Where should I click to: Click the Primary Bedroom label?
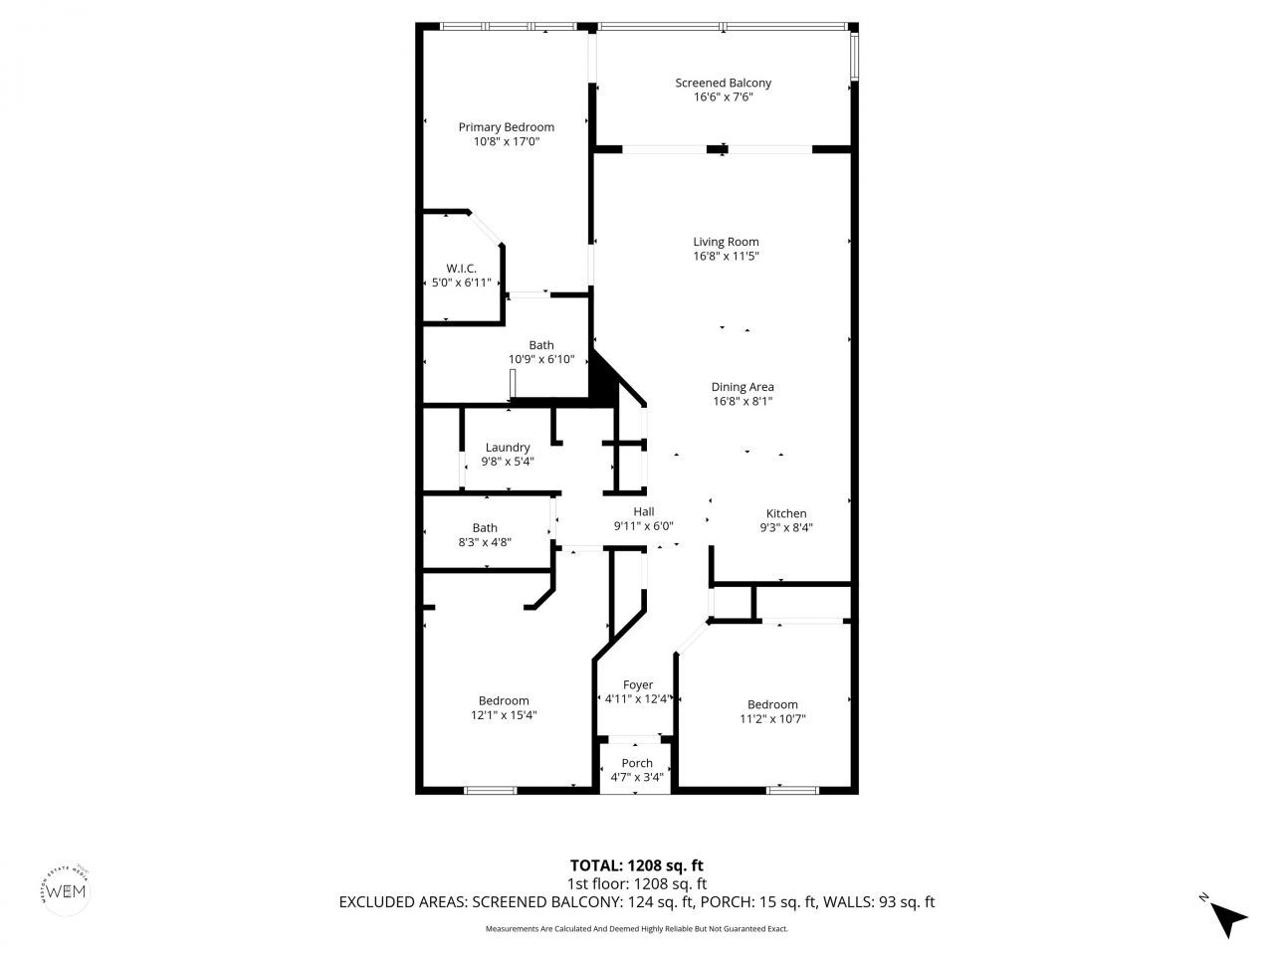pyautogui.click(x=506, y=127)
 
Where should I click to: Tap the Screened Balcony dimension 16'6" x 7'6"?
pyautogui.click(x=723, y=96)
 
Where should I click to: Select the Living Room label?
pyautogui.click(x=726, y=242)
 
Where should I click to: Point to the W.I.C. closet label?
pyautogui.click(x=461, y=269)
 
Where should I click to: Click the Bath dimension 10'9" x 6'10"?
pyautogui.click(x=541, y=359)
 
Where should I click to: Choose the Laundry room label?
pyautogui.click(x=508, y=448)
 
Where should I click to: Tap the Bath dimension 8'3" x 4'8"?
pyautogui.click(x=485, y=542)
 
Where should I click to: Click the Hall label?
pyautogui.click(x=643, y=511)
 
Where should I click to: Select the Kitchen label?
pyautogui.click(x=785, y=513)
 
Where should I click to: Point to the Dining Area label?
pyautogui.click(x=742, y=387)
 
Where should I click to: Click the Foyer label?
pyautogui.click(x=638, y=684)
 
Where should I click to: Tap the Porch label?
pyautogui.click(x=637, y=763)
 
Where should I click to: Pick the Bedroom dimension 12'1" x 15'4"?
pyautogui.click(x=504, y=714)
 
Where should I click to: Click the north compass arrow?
pyautogui.click(x=1229, y=918)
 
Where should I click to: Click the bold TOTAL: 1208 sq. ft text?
pyautogui.click(x=636, y=865)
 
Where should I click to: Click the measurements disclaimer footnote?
pyautogui.click(x=636, y=929)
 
